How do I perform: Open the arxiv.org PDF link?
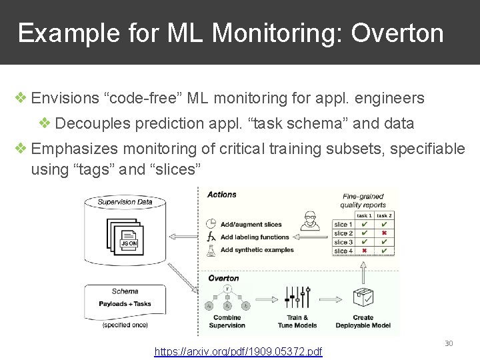click(x=238, y=351)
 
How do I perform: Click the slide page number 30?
click(x=449, y=343)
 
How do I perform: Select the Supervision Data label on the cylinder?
click(x=125, y=201)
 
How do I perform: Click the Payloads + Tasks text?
click(x=125, y=304)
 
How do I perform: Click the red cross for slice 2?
click(x=384, y=233)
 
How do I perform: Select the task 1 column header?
click(x=364, y=215)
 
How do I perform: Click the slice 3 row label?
click(x=343, y=242)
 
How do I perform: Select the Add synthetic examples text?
click(x=257, y=250)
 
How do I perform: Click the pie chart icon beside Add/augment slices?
click(x=211, y=225)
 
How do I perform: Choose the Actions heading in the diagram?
click(x=221, y=195)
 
